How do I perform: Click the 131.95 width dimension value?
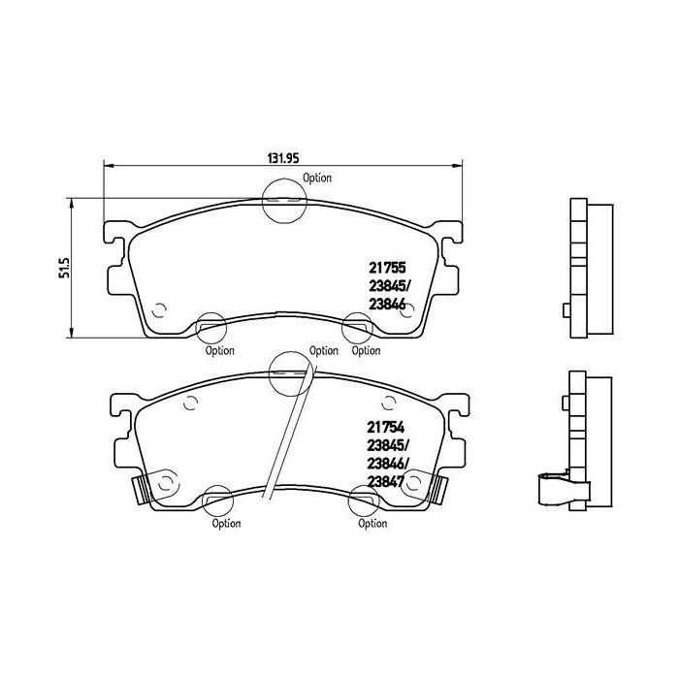pyautogui.click(x=283, y=158)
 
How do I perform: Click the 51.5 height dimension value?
pyautogui.click(x=65, y=268)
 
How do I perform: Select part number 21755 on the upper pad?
pyautogui.click(x=387, y=268)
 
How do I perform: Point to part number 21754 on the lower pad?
pyautogui.click(x=385, y=428)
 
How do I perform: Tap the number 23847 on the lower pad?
pyautogui.click(x=385, y=481)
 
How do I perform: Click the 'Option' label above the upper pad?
pyautogui.click(x=317, y=178)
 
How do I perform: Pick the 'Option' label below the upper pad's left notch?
pyautogui.click(x=219, y=350)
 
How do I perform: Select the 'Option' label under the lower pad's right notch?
pyautogui.click(x=372, y=524)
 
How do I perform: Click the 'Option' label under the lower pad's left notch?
pyautogui.click(x=226, y=524)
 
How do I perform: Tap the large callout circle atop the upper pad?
pyautogui.click(x=284, y=179)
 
